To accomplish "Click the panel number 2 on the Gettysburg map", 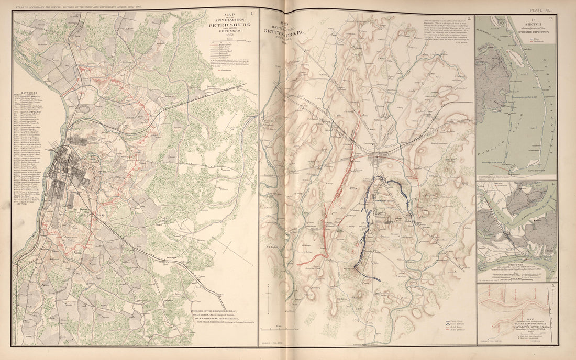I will point(469,20).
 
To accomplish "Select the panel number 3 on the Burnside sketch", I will point(550,19).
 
